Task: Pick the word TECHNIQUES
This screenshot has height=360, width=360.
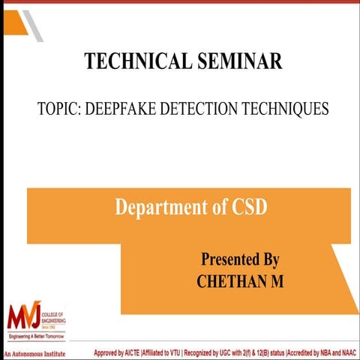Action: tap(289, 109)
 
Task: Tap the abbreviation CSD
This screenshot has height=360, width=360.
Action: tap(244, 207)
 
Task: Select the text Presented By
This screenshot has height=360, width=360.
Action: tap(240, 259)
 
